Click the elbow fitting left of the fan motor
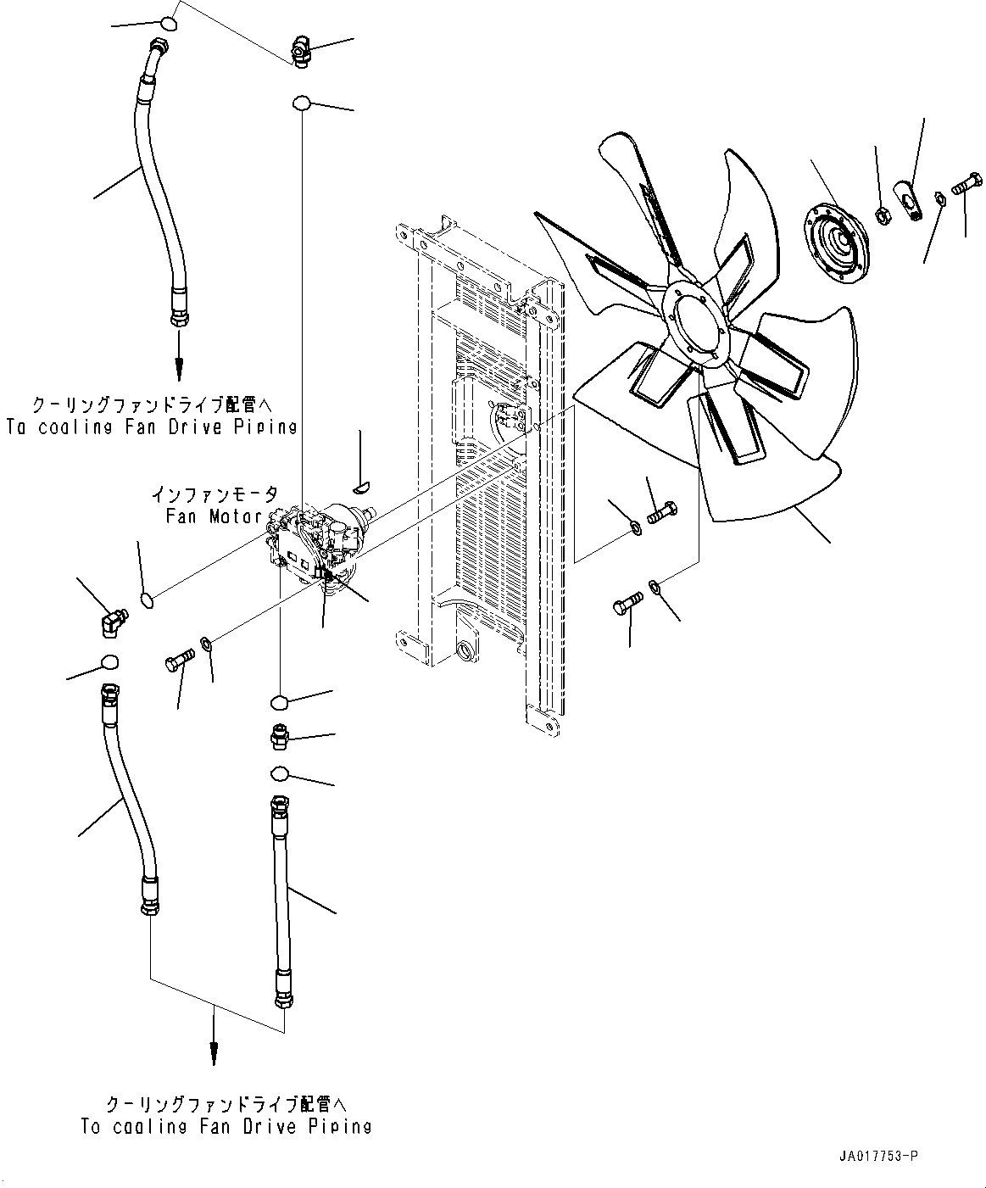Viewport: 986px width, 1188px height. [109, 623]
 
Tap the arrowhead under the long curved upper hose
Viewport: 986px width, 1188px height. [180, 369]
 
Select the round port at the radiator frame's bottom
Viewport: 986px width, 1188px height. [465, 652]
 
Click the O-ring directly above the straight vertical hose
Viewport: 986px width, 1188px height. [281, 773]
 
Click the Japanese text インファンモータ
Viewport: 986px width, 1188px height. [214, 494]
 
